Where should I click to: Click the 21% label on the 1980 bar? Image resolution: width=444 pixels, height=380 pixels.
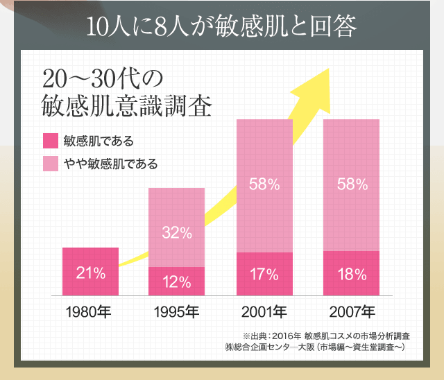(x=90, y=273)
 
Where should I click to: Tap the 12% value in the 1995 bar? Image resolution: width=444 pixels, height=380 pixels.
(x=176, y=282)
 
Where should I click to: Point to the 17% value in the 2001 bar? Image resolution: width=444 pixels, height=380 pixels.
(x=264, y=274)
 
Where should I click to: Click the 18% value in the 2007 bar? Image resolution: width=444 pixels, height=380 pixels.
(x=351, y=274)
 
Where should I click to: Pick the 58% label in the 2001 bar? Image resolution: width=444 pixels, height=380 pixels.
(x=264, y=184)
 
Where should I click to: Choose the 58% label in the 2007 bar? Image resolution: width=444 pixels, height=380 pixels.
(x=351, y=184)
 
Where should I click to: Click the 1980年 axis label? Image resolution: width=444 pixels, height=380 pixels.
(x=90, y=311)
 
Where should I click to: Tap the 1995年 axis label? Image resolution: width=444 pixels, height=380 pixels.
(x=176, y=311)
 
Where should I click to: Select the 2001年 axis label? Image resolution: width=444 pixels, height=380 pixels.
(x=264, y=311)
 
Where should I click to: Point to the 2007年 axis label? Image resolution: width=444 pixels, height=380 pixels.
(x=351, y=311)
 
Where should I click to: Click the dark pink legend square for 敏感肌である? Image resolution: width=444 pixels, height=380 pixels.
(x=50, y=141)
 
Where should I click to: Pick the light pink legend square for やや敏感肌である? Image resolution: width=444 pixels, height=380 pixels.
(x=50, y=164)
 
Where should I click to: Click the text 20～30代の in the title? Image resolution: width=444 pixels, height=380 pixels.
(x=101, y=76)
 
